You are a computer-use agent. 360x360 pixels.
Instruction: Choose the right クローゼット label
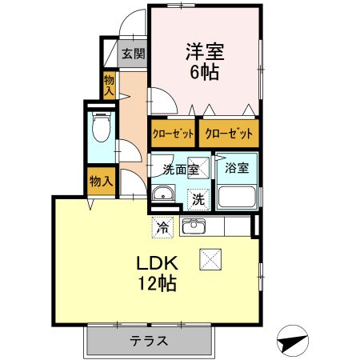point(230,133)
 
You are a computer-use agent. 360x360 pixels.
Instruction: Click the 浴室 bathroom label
point(236,169)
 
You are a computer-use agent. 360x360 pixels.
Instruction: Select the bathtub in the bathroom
point(237,197)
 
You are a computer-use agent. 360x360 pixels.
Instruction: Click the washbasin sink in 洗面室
point(164,194)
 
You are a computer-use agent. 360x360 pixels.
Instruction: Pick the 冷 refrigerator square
point(162,227)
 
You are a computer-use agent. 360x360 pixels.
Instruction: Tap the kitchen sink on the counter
point(194,227)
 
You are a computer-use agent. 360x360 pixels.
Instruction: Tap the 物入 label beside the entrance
point(110,85)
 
